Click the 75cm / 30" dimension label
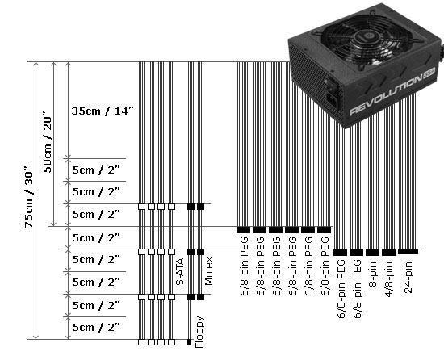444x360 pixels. pyautogui.click(x=29, y=200)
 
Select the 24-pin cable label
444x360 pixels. pyautogui.click(x=409, y=276)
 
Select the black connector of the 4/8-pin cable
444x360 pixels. pyautogui.click(x=388, y=252)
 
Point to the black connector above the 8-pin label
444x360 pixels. pyautogui.click(x=372, y=252)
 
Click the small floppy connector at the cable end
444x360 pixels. pyautogui.click(x=190, y=339)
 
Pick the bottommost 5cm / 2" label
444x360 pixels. pyautogui.click(x=95, y=327)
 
